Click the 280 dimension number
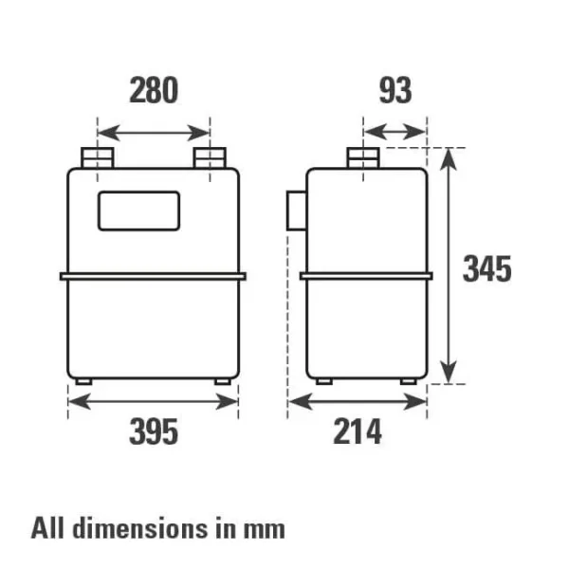(153, 91)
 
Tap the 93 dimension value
(395, 91)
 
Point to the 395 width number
(153, 432)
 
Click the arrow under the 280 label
(154, 131)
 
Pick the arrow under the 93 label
(395, 131)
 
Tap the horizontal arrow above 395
(153, 401)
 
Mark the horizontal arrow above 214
(358, 401)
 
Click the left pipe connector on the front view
(97, 158)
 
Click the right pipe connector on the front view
(210, 158)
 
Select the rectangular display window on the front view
(138, 210)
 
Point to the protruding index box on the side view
(295, 210)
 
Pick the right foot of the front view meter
(224, 381)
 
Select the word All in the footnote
(48, 526)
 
